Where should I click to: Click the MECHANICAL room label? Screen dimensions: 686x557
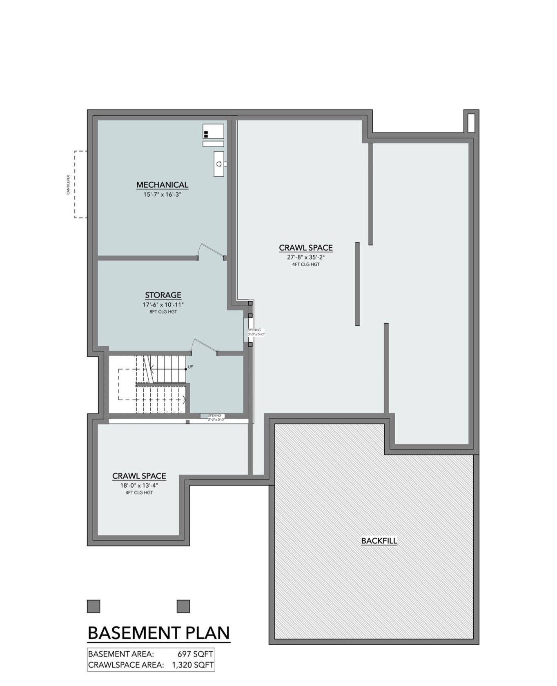pos(162,185)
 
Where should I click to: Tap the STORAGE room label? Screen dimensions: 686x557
pos(163,295)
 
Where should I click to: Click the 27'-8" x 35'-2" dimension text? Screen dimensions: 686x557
pos(305,258)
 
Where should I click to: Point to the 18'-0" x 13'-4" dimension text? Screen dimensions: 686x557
pos(139,486)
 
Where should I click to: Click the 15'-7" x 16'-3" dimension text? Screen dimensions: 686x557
pos(162,195)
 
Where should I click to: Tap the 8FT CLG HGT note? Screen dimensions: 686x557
pos(163,312)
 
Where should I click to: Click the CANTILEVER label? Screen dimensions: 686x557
pos(69,184)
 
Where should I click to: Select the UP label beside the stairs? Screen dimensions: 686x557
pos(191,367)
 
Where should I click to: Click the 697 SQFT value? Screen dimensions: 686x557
pos(195,654)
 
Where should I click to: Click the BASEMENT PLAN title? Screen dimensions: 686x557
pos(159,633)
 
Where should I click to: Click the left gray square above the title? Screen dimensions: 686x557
pos(94,606)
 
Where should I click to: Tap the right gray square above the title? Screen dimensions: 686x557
pos(183,606)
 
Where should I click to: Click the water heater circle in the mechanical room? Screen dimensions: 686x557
pos(219,164)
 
